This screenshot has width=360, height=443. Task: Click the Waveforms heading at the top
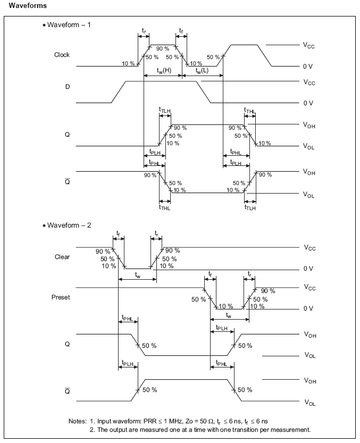tap(26, 6)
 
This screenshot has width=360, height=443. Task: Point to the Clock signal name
tap(62, 55)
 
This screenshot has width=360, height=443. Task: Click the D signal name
tap(68, 86)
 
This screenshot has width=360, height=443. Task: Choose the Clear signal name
tap(62, 257)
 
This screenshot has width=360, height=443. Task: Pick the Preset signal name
tap(61, 297)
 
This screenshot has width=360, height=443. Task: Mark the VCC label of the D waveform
tap(309, 82)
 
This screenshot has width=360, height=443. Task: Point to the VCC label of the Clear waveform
tap(309, 248)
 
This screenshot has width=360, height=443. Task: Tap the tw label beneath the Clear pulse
tap(138, 275)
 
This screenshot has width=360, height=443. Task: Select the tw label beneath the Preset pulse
tap(230, 315)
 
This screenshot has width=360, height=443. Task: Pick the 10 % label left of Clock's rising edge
tap(128, 63)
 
